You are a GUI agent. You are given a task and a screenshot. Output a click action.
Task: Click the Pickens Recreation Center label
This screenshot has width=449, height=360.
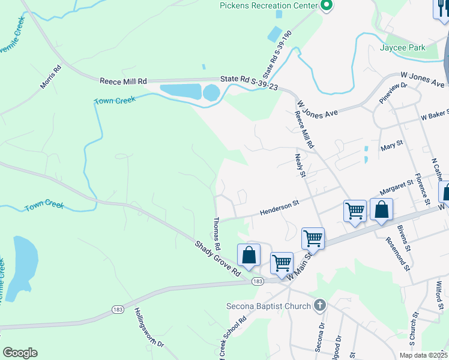coord(268,5)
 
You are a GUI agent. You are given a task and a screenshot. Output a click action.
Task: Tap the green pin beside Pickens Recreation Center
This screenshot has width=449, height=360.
coord(327,6)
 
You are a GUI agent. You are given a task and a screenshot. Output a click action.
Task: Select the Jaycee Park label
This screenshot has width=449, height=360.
coord(402,47)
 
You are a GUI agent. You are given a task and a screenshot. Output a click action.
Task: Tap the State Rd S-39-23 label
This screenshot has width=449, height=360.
coord(248,79)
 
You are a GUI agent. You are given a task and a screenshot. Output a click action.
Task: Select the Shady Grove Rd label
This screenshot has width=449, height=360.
coord(217,258)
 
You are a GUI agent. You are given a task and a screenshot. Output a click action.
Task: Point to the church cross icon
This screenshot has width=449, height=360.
coord(320,305)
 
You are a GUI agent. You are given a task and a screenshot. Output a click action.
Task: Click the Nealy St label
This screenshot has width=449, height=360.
coord(300,165)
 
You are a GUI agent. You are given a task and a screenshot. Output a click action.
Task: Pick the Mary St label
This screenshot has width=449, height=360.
coord(391,146)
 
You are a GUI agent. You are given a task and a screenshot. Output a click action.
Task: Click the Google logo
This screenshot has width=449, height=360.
coord(20,352)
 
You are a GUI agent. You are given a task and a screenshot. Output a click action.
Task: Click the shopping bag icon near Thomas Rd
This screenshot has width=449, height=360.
coord(249,255)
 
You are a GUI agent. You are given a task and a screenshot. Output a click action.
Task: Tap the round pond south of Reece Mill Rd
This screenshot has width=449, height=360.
coord(211,92)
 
